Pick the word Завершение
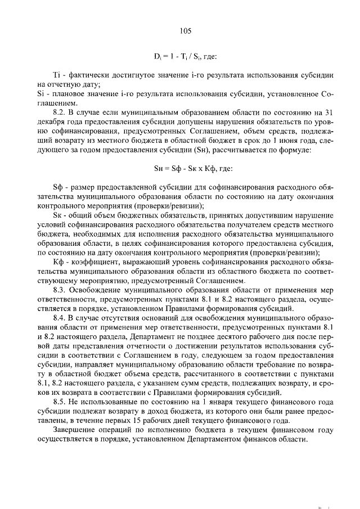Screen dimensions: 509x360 (x=75, y=429)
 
